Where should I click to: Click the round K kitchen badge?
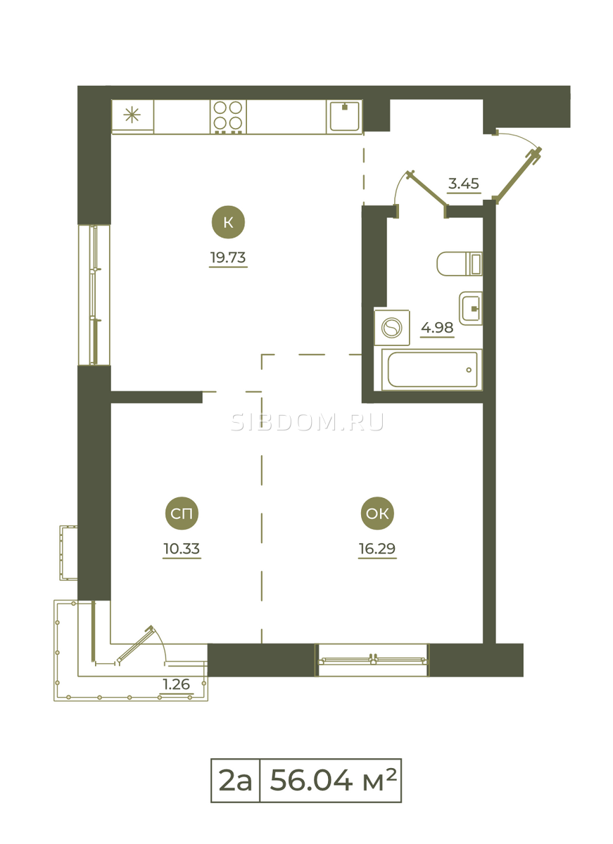point(228,222)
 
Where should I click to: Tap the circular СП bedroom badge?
point(182,513)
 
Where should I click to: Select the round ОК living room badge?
point(377,513)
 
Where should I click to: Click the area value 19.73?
point(228,257)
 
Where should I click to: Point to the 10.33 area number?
point(182,549)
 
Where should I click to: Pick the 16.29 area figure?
point(377,549)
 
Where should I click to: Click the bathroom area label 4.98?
point(437,328)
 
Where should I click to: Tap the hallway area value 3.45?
point(464,184)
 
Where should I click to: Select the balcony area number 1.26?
point(177,684)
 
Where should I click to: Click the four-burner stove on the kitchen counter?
point(228,117)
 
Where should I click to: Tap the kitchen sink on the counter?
point(344,116)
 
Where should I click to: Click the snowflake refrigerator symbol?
point(132,115)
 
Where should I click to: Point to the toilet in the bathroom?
point(460,264)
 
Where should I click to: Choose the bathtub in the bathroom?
point(432,370)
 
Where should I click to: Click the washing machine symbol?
point(392,328)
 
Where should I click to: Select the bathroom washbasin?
point(471,308)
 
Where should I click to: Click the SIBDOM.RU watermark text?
point(307,423)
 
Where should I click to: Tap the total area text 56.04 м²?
point(334,781)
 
